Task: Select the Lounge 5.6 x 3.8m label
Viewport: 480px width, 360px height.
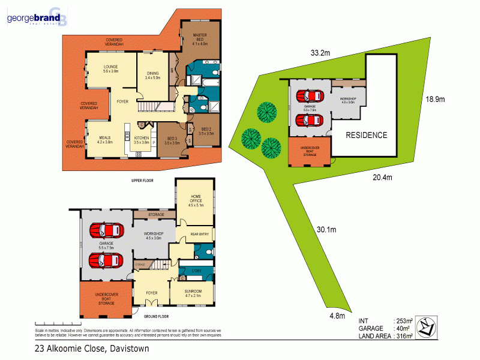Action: click(x=110, y=68)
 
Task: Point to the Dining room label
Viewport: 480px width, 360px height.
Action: click(x=152, y=76)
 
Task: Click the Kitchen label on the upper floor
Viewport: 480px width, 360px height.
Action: click(x=141, y=140)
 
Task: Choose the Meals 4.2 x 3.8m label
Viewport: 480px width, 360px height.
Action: click(x=105, y=140)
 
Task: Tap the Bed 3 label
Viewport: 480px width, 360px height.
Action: click(x=173, y=140)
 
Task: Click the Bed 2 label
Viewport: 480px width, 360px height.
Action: click(x=206, y=131)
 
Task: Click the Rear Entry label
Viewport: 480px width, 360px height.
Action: click(x=199, y=234)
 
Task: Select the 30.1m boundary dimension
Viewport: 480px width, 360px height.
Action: click(x=327, y=230)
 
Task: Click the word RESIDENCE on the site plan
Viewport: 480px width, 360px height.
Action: click(x=366, y=135)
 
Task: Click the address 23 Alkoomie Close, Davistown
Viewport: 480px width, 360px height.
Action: click(x=91, y=348)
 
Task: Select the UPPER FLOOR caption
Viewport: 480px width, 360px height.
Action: click(x=144, y=180)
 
